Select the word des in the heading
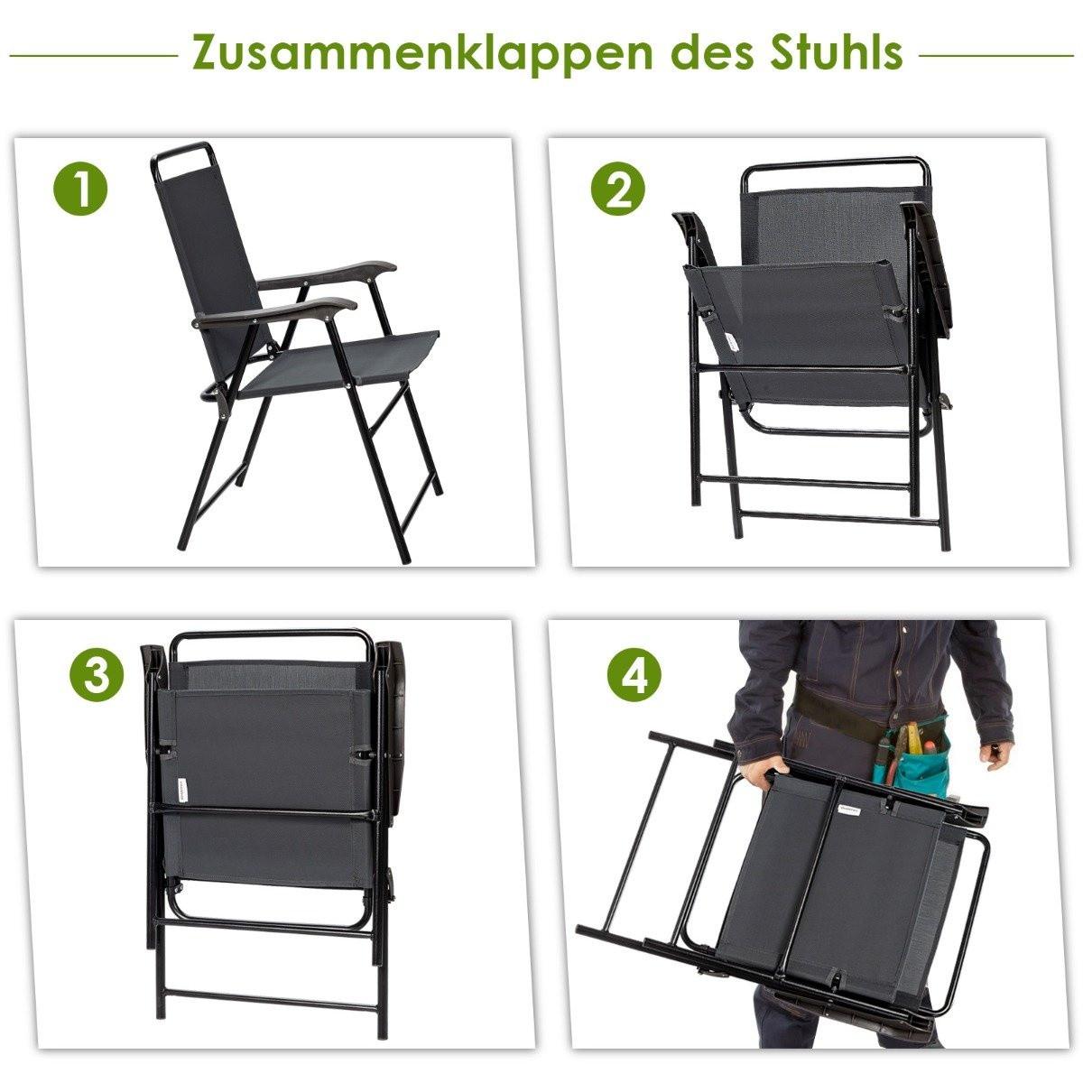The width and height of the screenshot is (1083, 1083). [705, 52]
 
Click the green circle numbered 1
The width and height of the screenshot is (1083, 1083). [81, 192]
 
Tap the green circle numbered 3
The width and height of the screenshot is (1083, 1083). [97, 675]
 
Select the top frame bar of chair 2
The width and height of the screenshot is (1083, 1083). [835, 165]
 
